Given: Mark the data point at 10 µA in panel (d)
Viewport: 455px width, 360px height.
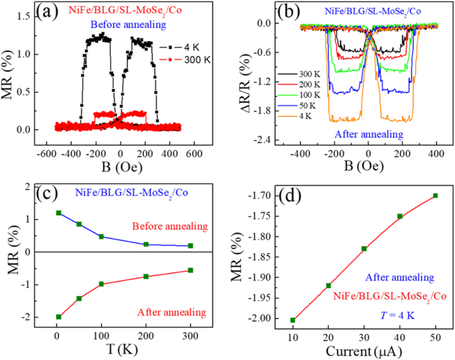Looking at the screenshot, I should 292,320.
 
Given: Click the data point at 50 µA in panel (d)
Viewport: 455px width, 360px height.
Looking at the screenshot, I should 436,195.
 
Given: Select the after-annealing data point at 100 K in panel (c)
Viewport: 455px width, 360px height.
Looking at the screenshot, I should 102,284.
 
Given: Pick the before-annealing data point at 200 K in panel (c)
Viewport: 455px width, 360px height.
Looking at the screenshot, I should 145,244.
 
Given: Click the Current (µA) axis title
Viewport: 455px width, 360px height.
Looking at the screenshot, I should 364,349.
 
